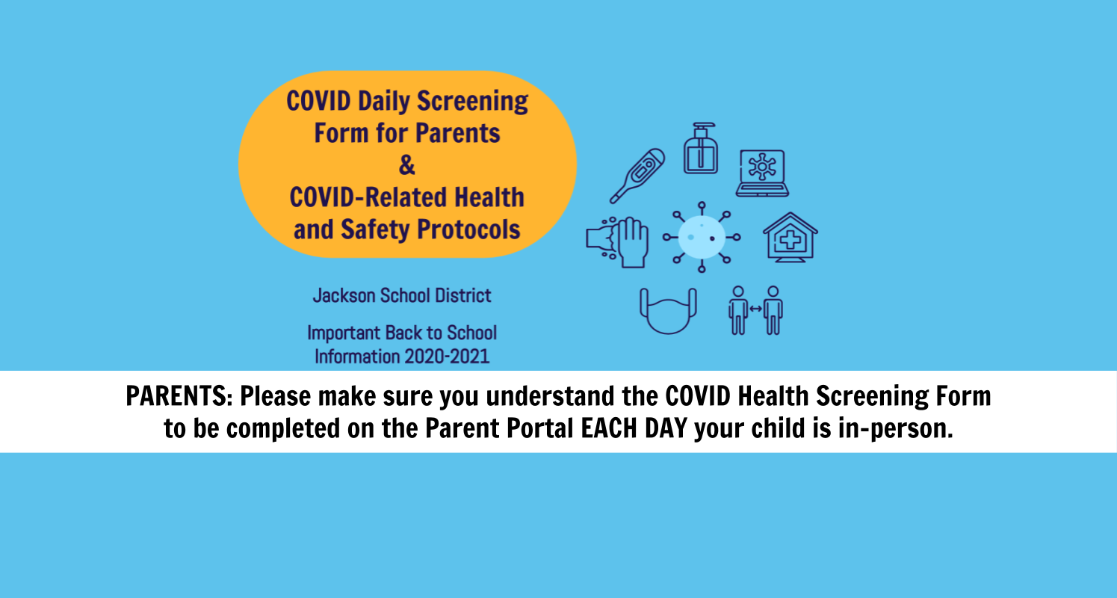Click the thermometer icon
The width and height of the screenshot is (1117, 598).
pos(637,176)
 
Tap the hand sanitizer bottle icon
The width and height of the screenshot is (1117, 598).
pos(701,148)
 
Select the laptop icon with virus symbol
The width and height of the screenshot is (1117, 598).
pos(762,173)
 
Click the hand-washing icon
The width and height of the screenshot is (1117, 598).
pos(617,242)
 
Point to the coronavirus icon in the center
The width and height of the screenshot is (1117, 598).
pos(702,238)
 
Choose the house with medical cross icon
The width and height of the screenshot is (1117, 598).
pos(790,238)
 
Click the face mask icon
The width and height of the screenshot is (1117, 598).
pos(668,311)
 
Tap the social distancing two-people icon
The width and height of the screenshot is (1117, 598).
pos(755,310)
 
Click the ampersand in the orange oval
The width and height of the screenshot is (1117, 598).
pos(407,165)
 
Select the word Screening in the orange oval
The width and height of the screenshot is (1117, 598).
pos(472,102)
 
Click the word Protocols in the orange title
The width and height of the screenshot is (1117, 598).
pos(468,229)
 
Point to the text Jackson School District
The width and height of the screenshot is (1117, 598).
pos(402,296)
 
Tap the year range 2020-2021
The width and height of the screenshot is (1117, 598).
pos(447,357)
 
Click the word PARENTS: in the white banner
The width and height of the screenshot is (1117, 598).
pos(179,396)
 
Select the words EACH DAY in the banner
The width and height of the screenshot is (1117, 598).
pos(634,428)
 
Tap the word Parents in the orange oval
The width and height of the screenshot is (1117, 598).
pos(458,133)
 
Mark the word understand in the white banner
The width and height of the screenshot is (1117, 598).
pos(551,396)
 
